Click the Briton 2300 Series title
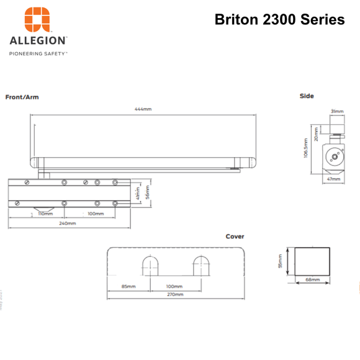tap(279, 19)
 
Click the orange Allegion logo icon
tap(37, 19)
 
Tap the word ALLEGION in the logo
tap(38, 41)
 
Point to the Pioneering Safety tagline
tap(38, 54)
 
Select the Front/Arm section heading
tap(22, 97)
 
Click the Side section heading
tap(307, 96)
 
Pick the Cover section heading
tap(235, 236)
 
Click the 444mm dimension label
tap(143, 109)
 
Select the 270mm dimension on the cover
tap(175, 294)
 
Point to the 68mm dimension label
tap(312, 280)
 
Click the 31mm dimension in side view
tap(337, 112)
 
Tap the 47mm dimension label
tap(333, 179)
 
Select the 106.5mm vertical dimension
tap(305, 148)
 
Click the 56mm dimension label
tap(148, 194)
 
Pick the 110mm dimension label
tap(45, 214)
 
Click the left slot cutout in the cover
tap(150, 266)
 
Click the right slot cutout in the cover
tap(200, 266)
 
